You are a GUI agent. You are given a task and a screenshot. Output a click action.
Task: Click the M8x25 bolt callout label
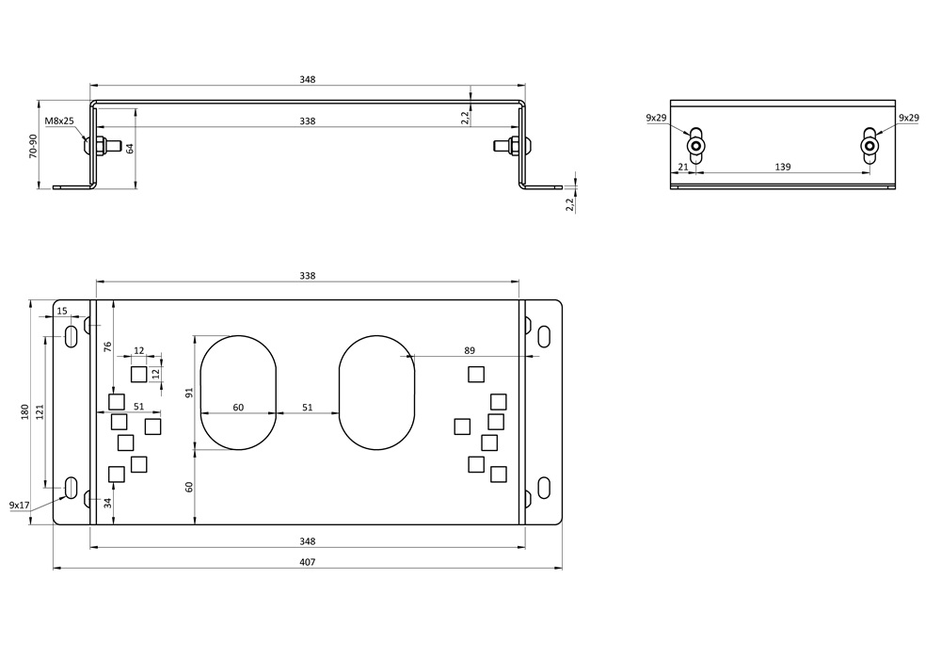59,121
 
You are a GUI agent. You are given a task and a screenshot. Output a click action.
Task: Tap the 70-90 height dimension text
33,146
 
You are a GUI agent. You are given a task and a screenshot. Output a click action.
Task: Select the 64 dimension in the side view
130,147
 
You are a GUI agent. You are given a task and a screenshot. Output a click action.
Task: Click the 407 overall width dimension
308,562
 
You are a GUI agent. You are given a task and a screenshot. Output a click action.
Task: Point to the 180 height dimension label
24,411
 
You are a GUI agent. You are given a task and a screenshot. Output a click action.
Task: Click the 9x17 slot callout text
20,506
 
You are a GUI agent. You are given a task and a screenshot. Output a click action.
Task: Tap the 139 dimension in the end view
783,167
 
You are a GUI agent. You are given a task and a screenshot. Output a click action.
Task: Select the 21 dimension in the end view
683,167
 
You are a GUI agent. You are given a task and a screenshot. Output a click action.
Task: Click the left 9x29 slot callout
656,118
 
